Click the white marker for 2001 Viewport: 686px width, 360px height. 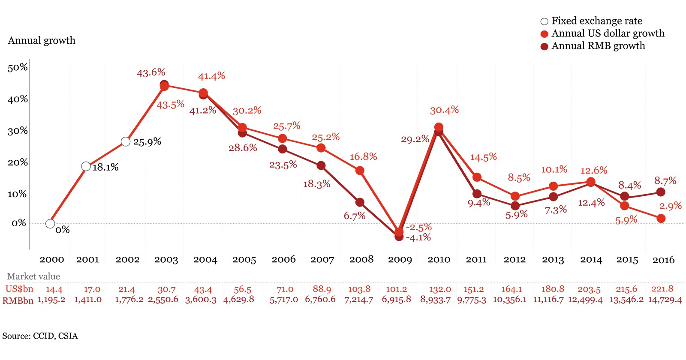pos(86,166)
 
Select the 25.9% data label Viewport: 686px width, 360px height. pos(147,142)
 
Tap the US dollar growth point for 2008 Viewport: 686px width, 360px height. pos(360,171)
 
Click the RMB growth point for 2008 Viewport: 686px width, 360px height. pos(360,202)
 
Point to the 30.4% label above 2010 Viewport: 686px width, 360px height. pos(444,111)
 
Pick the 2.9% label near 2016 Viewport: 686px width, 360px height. pos(670,206)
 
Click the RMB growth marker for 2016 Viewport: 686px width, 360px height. pos(661,192)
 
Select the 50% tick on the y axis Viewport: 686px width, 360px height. pos(18,68)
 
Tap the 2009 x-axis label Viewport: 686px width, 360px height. pos(400,260)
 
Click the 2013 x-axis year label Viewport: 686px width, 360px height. pos(553,260)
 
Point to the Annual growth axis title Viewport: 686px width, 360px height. pos(42,41)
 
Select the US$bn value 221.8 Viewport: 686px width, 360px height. pos(662,289)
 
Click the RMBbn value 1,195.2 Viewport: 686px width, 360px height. pos(51,300)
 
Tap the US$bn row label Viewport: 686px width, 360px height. pos(19,289)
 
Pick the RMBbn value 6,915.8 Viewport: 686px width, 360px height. pos(396,300)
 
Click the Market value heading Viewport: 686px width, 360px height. pos(33,276)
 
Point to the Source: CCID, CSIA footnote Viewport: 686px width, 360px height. pos(40,336)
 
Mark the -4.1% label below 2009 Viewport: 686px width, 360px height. pos(418,238)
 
